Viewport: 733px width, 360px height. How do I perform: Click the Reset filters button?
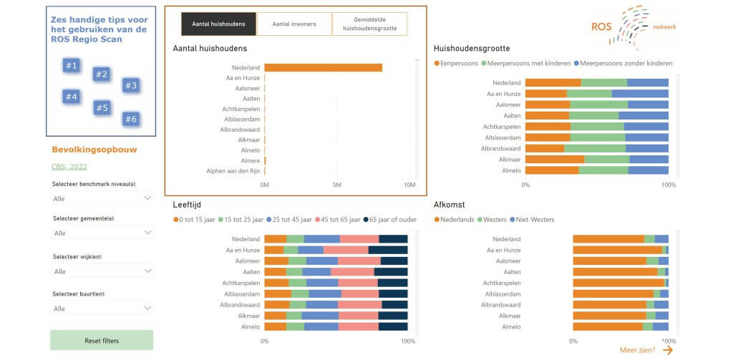click(x=102, y=341)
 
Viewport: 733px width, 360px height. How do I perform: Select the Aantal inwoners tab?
click(x=293, y=24)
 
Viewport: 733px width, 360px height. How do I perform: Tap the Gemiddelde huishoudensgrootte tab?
click(x=369, y=24)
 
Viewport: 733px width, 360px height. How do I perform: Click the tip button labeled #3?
click(x=130, y=86)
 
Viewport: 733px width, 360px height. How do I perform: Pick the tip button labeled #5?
click(x=101, y=108)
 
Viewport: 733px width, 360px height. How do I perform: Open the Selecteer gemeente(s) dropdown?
click(x=102, y=233)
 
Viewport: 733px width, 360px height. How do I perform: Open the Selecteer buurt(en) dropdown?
click(x=102, y=308)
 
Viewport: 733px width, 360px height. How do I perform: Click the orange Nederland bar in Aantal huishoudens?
click(x=323, y=68)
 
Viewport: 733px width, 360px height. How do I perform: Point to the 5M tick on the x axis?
click(x=337, y=185)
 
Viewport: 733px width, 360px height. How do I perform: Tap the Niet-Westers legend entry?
click(x=534, y=219)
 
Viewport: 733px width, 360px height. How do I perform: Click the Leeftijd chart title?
click(x=188, y=205)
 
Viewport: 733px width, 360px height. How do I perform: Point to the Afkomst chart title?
click(x=450, y=205)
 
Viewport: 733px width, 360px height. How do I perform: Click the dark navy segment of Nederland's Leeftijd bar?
click(x=393, y=239)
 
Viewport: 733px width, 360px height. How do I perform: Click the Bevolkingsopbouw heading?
click(x=94, y=150)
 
